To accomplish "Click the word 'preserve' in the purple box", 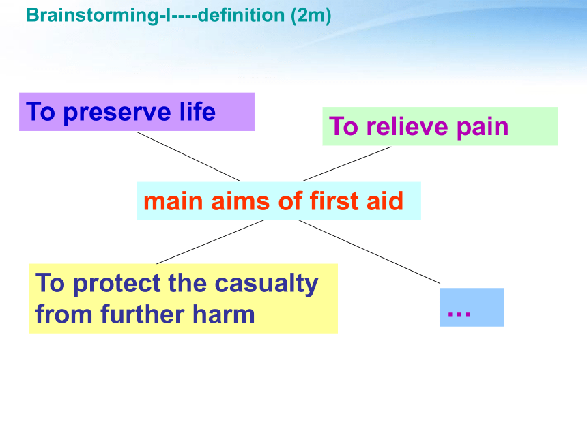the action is (117, 113).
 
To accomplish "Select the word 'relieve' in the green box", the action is (407, 126).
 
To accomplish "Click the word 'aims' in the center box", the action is (240, 202).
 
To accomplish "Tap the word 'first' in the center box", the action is (334, 201).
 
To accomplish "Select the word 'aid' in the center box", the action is (385, 201).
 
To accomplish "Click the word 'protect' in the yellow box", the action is (117, 284).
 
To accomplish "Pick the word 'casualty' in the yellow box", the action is (267, 284).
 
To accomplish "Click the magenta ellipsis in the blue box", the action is (459, 314).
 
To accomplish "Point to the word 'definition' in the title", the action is (241, 15).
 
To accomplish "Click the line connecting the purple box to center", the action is (188, 156).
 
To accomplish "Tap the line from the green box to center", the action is (347, 164).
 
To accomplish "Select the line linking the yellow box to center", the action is (210, 241).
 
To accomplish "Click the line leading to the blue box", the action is (369, 252).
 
